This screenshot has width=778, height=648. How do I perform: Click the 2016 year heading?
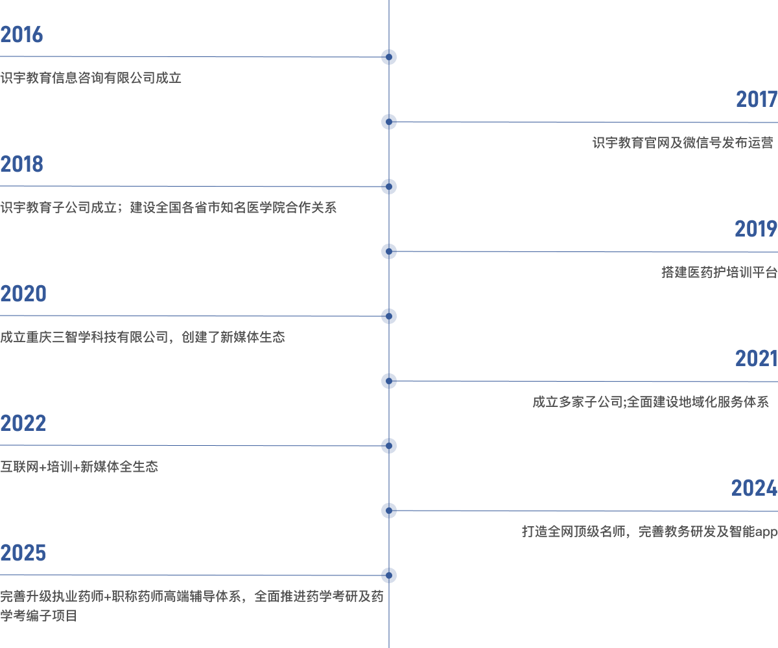(21, 34)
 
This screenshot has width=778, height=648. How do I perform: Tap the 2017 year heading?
(757, 99)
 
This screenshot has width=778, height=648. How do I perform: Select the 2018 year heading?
(21, 164)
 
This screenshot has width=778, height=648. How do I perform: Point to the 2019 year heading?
(756, 229)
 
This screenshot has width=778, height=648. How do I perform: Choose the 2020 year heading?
(23, 294)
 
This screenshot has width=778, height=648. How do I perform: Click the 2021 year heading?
(757, 358)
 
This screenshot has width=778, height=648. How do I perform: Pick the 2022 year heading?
(23, 423)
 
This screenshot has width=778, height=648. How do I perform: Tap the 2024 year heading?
(754, 488)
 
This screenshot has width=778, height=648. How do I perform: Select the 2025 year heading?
(23, 553)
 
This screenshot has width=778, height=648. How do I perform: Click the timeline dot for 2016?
(388, 57)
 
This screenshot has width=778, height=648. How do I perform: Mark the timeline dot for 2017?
(388, 122)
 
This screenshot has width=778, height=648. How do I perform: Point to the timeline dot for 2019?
(388, 251)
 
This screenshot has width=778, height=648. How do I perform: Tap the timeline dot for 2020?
(388, 316)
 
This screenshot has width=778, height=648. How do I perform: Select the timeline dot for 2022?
(388, 446)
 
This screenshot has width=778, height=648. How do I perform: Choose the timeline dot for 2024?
(388, 511)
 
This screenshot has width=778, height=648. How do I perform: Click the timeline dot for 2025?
(388, 575)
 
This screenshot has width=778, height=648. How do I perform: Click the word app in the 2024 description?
(766, 533)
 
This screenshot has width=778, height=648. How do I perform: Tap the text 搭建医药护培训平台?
(720, 272)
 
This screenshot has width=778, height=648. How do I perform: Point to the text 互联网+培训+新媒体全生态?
(79, 467)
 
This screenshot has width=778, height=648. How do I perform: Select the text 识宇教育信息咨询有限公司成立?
(91, 78)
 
